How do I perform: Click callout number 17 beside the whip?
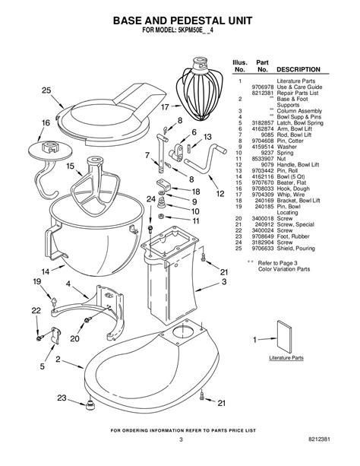[165, 107]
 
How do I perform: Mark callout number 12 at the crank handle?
[220, 194]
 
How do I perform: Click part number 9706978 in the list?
[264, 86]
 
